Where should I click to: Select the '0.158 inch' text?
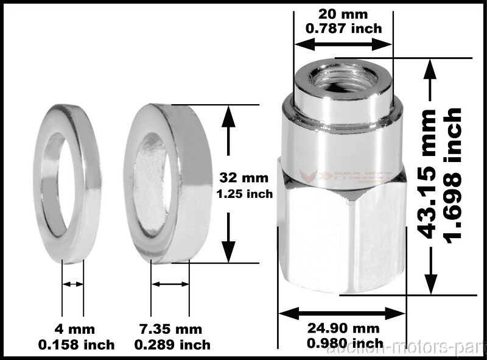tap(75, 345)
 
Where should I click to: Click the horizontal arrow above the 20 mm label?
tap(343, 43)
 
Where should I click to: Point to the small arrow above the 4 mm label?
tap(73, 284)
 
